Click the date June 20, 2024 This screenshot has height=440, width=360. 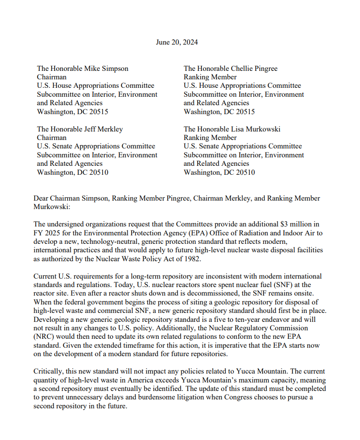click(x=177, y=42)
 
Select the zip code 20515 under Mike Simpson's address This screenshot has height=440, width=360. click(x=98, y=112)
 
